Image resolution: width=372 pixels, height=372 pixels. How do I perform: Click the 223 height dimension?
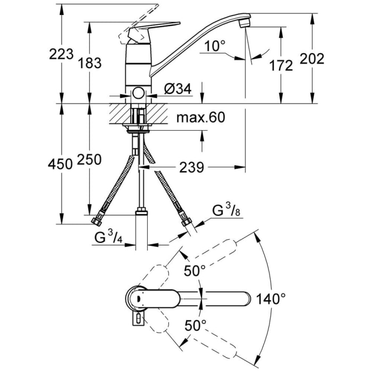point(61,54)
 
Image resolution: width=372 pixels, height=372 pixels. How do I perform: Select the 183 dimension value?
point(90,63)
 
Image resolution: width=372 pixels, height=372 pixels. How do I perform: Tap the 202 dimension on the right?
point(312,58)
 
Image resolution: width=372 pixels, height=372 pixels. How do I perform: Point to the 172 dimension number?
point(281,66)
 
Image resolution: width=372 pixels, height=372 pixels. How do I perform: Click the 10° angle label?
point(214,46)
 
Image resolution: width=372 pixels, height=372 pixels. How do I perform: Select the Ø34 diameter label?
point(177,89)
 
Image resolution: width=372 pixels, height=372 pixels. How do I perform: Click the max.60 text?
point(201,117)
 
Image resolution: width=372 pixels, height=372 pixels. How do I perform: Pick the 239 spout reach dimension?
point(191,167)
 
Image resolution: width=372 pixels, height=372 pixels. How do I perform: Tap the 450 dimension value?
point(60,164)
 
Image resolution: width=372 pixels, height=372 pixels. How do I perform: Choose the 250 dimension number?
point(89,159)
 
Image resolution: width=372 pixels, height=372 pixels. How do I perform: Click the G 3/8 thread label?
point(226,210)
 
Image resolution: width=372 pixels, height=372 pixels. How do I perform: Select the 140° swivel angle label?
point(271,299)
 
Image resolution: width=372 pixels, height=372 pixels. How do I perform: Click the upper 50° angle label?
point(195,270)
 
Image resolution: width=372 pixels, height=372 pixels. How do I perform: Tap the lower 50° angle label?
point(196,325)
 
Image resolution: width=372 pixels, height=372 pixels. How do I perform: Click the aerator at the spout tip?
point(244,23)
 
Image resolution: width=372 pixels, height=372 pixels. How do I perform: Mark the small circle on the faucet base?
point(138,92)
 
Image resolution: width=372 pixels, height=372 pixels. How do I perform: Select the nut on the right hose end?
point(186,223)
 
